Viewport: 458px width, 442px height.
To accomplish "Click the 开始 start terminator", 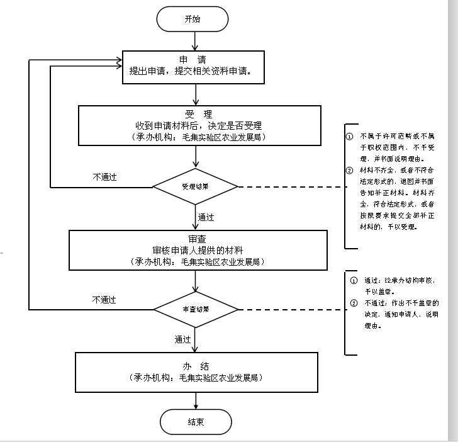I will pyautogui.click(x=192, y=19).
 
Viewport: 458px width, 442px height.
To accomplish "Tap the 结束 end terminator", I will pyautogui.click(x=196, y=422).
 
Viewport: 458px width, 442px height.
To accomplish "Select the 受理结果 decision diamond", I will pyautogui.click(x=196, y=187).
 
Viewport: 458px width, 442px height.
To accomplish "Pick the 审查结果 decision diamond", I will pyautogui.click(x=196, y=310).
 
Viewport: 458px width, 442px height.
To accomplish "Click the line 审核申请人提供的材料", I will pyautogui.click(x=198, y=250).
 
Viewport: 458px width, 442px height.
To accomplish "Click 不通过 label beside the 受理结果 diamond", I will pyautogui.click(x=104, y=177).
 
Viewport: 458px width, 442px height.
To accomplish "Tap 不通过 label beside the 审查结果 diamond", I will pyautogui.click(x=104, y=300).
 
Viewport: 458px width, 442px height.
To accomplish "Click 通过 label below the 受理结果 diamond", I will pyautogui.click(x=206, y=217).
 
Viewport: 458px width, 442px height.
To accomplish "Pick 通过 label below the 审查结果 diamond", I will pyautogui.click(x=182, y=339).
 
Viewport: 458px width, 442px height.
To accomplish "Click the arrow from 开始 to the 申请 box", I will pyautogui.click(x=196, y=41).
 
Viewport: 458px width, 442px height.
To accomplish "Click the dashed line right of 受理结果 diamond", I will pyautogui.click(x=289, y=187).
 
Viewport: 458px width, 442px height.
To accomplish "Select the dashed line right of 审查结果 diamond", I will pyautogui.click(x=289, y=310).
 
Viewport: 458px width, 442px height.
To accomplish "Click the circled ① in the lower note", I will pyautogui.click(x=353, y=280).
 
